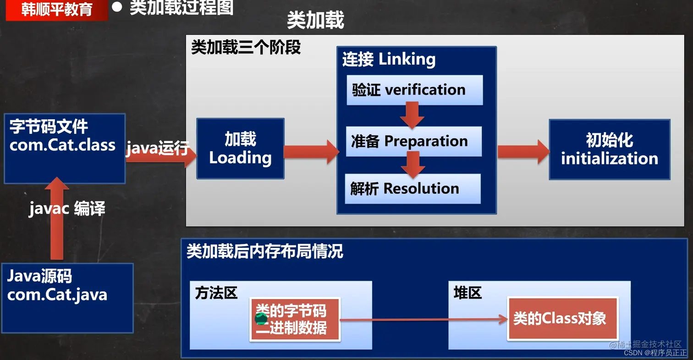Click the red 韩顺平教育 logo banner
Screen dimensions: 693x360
coord(57,10)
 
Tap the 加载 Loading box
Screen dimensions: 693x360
coord(240,148)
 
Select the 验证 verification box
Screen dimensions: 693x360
coord(414,90)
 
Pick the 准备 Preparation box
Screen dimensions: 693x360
coord(413,141)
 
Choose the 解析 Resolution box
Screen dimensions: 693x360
coord(412,188)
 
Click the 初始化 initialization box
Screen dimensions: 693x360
coord(609,150)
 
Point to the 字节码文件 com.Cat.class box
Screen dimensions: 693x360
coord(64,148)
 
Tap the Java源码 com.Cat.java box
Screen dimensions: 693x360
coord(67,297)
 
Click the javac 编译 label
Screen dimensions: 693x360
coord(67,209)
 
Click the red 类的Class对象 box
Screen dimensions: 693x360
coord(562,319)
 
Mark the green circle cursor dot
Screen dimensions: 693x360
coord(261,319)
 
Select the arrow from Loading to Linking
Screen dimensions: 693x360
coord(312,152)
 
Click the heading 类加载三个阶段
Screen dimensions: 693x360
coord(246,48)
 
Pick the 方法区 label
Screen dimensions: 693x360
coord(216,293)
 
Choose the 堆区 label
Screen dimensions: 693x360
coord(467,293)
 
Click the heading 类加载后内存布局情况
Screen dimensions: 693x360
coord(264,252)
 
